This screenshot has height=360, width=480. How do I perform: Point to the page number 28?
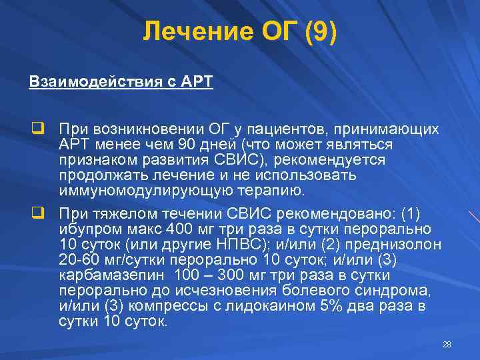(x=447, y=344)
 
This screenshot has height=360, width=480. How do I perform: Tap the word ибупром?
(x=86, y=229)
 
